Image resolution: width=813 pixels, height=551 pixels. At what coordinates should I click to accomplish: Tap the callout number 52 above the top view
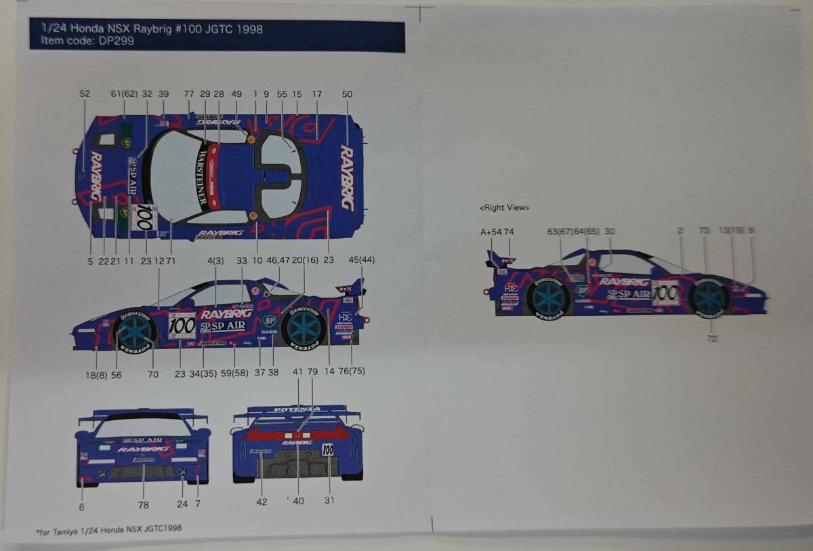85,94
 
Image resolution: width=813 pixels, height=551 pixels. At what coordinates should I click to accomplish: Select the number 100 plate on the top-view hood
144,217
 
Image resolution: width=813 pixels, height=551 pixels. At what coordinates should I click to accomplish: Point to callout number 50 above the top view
347,94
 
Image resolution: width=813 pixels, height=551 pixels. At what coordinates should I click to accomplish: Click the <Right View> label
504,207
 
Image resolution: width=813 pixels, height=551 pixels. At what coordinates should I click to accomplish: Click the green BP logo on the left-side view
270,320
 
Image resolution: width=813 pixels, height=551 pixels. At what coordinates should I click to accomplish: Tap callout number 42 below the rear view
262,502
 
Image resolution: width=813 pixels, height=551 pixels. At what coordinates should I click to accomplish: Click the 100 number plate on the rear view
328,449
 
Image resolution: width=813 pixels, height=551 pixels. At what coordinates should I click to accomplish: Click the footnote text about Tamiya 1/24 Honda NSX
108,528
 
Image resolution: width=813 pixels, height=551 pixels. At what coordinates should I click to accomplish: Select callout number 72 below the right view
711,338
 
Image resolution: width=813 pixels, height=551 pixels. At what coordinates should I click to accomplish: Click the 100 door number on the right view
665,293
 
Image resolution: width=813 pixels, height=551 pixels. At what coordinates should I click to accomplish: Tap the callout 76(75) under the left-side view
352,371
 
